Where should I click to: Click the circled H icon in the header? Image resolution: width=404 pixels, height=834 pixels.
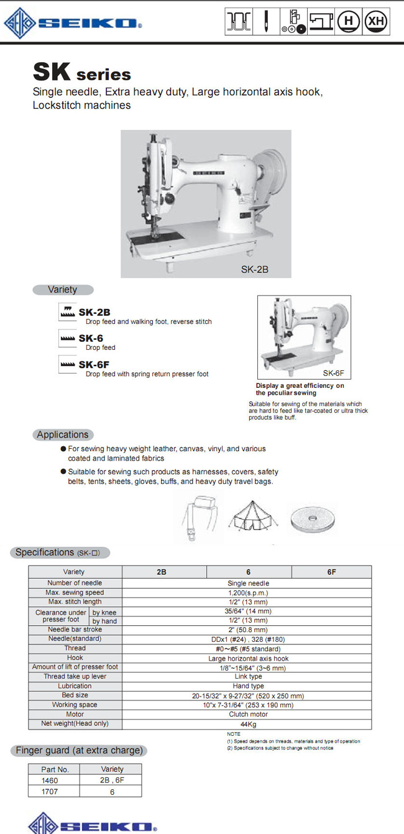coord(349,22)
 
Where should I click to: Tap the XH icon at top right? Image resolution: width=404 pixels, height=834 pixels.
coord(375,22)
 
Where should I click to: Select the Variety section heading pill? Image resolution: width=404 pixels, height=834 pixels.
coord(63,290)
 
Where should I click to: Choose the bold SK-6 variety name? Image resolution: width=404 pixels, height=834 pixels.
coord(91,338)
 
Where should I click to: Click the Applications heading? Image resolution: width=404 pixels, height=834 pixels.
coord(63,434)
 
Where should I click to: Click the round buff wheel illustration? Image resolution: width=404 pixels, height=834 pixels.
coord(313,516)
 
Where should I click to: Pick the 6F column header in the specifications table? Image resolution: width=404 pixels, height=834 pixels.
coord(331,572)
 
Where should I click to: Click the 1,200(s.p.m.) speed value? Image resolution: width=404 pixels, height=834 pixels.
coord(248,593)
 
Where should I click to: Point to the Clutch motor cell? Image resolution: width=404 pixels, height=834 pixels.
coord(248,715)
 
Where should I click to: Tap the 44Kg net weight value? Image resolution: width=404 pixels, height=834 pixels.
coord(248,724)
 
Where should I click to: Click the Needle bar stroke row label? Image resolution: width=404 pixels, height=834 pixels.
coord(75,630)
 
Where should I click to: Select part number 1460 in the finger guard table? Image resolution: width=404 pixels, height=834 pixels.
coord(50,779)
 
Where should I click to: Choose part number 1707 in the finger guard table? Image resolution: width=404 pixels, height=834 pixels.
coord(50,791)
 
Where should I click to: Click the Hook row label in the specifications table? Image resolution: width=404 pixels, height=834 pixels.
coord(75,658)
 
